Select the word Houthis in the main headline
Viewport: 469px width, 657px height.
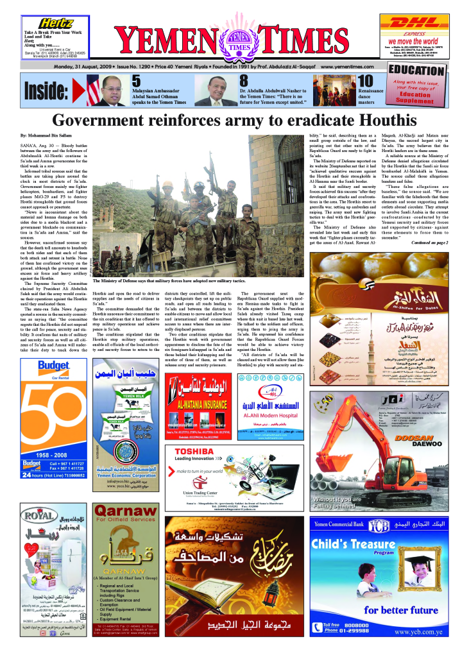[377, 120]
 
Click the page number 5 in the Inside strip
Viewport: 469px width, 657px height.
[136, 81]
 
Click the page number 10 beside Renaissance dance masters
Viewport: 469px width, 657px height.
[365, 81]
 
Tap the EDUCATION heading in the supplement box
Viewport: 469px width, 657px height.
[416, 71]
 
